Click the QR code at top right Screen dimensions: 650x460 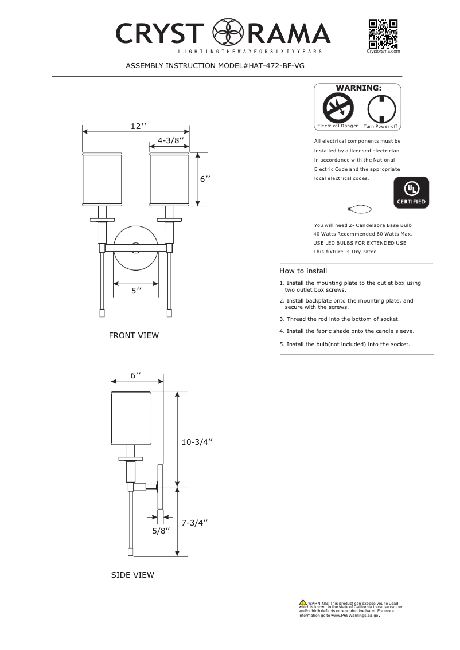[383, 34]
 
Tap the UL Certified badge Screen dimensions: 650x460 [411, 193]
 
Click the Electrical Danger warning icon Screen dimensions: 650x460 [337, 108]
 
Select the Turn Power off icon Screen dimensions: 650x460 [380, 108]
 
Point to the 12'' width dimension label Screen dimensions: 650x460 [138, 126]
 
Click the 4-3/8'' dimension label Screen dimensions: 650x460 [170, 140]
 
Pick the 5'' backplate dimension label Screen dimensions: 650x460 [136, 291]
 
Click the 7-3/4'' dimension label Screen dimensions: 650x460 [194, 523]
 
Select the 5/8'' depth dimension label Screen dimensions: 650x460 [162, 531]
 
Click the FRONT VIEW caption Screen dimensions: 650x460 [134, 335]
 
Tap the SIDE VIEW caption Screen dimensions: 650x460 [132, 575]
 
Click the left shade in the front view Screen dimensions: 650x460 [103, 179]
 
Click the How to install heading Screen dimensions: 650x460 [303, 271]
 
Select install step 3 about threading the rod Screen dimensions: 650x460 [339, 319]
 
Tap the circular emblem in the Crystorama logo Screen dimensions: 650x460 [229, 33]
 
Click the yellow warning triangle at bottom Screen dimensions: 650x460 [302, 602]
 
